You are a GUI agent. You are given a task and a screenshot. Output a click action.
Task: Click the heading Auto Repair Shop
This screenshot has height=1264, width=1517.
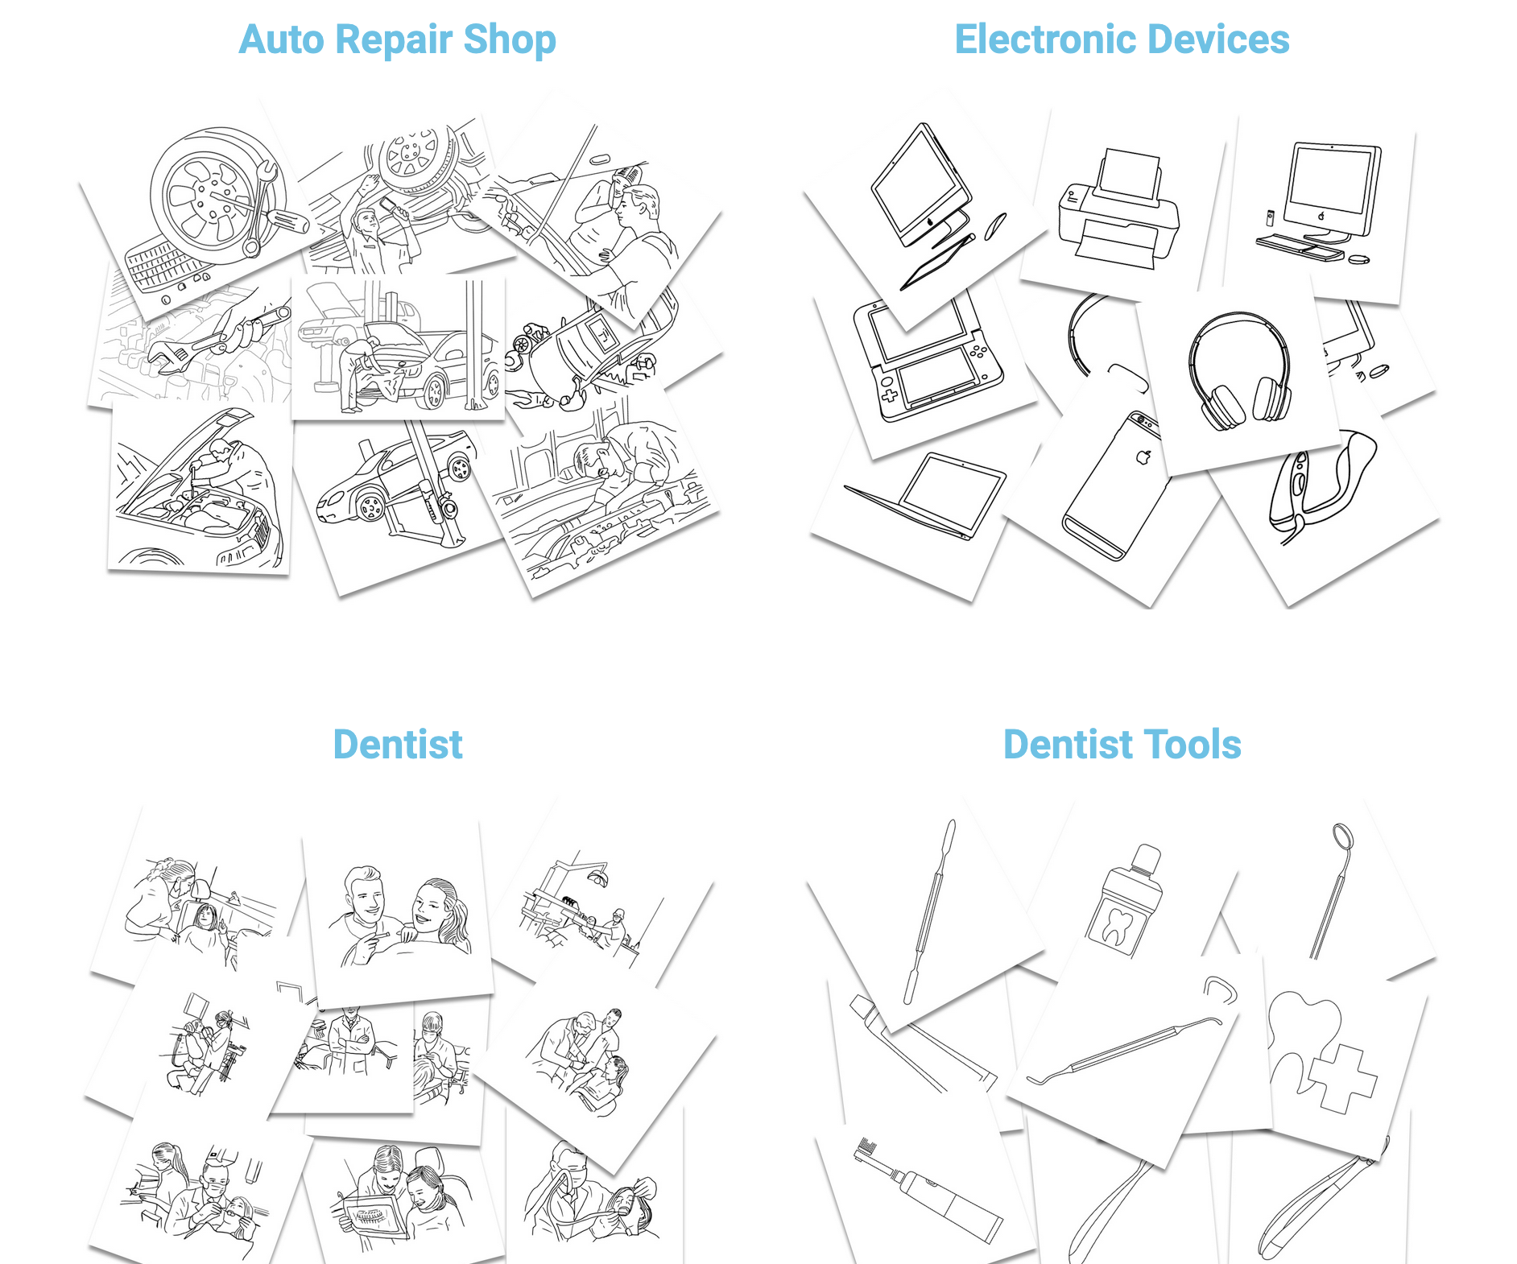click(397, 39)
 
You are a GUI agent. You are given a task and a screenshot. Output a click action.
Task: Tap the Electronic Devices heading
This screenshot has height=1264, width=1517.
click(1122, 39)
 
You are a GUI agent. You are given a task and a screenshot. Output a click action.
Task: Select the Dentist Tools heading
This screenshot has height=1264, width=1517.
click(1122, 744)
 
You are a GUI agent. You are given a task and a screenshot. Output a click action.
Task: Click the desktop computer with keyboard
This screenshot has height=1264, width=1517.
click(1321, 201)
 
